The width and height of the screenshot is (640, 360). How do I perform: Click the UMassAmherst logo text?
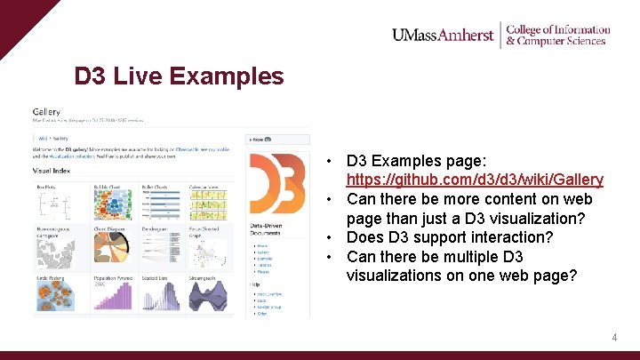442,36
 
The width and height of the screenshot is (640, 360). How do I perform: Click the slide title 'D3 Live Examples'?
179,76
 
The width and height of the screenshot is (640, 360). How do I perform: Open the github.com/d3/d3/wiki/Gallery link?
475,180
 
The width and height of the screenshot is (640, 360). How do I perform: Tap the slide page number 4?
613,338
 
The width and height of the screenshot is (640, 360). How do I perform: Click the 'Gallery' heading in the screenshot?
46,112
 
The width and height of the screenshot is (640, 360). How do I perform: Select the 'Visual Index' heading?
53,169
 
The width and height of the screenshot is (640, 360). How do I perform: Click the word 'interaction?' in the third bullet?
520,237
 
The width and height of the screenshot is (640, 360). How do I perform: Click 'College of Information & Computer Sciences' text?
557,36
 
